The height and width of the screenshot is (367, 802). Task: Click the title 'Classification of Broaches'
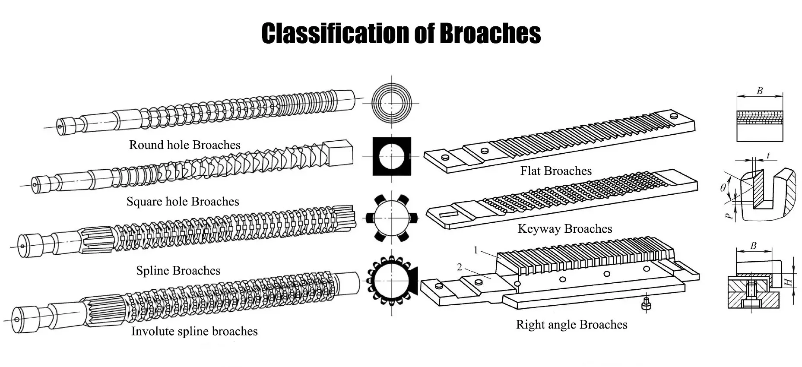401,33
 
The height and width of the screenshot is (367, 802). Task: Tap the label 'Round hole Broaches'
184,145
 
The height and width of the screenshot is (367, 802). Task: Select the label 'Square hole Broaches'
182,202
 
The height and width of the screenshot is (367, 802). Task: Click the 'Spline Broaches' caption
178,271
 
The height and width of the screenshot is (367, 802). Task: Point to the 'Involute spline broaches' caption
194,332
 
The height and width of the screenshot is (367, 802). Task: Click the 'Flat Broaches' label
555,171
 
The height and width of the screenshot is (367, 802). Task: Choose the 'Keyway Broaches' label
564,229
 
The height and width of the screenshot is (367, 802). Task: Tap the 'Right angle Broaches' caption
571,325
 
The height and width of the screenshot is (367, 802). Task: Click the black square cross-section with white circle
392,156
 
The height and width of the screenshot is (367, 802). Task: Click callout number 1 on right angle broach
475,250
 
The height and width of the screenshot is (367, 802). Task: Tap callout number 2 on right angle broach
460,267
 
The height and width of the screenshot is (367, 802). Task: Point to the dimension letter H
788,282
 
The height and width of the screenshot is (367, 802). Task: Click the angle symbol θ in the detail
723,187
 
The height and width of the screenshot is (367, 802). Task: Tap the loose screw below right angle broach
646,304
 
